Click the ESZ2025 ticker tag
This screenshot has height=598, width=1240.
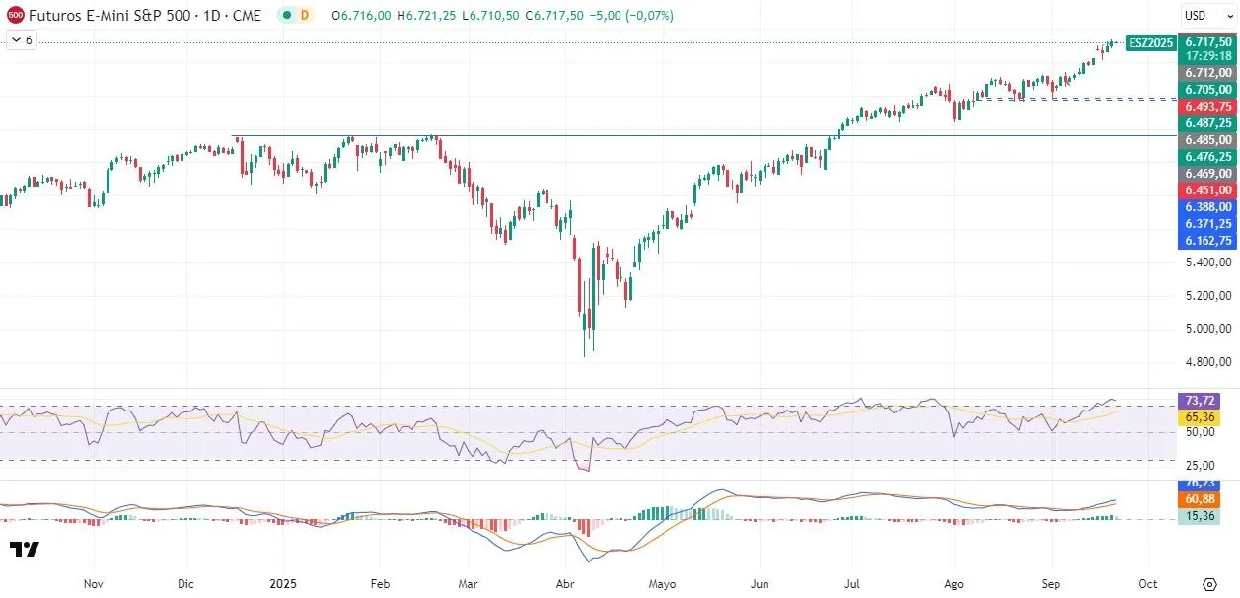pyautogui.click(x=1149, y=42)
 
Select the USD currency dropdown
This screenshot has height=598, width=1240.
pyautogui.click(x=1207, y=15)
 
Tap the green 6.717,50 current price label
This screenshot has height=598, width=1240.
pyautogui.click(x=1208, y=41)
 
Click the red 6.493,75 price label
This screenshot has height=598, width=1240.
pyautogui.click(x=1208, y=106)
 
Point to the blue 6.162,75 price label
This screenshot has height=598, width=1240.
pyautogui.click(x=1208, y=240)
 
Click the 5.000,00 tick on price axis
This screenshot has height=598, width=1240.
pyautogui.click(x=1208, y=329)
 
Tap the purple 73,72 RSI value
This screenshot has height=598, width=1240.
pyautogui.click(x=1200, y=401)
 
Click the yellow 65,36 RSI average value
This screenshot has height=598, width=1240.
pyautogui.click(x=1200, y=418)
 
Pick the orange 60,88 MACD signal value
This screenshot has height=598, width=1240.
pyautogui.click(x=1200, y=500)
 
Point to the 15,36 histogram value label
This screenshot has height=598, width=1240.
pyautogui.click(x=1200, y=516)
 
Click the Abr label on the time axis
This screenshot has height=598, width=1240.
pyautogui.click(x=565, y=583)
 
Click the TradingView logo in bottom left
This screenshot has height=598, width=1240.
pyautogui.click(x=24, y=550)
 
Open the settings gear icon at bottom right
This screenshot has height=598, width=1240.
pyautogui.click(x=1209, y=583)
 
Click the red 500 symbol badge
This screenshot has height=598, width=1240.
pyautogui.click(x=15, y=15)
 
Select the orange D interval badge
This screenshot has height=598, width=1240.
pyautogui.click(x=305, y=15)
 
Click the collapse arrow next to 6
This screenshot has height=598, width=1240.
pyautogui.click(x=15, y=40)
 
